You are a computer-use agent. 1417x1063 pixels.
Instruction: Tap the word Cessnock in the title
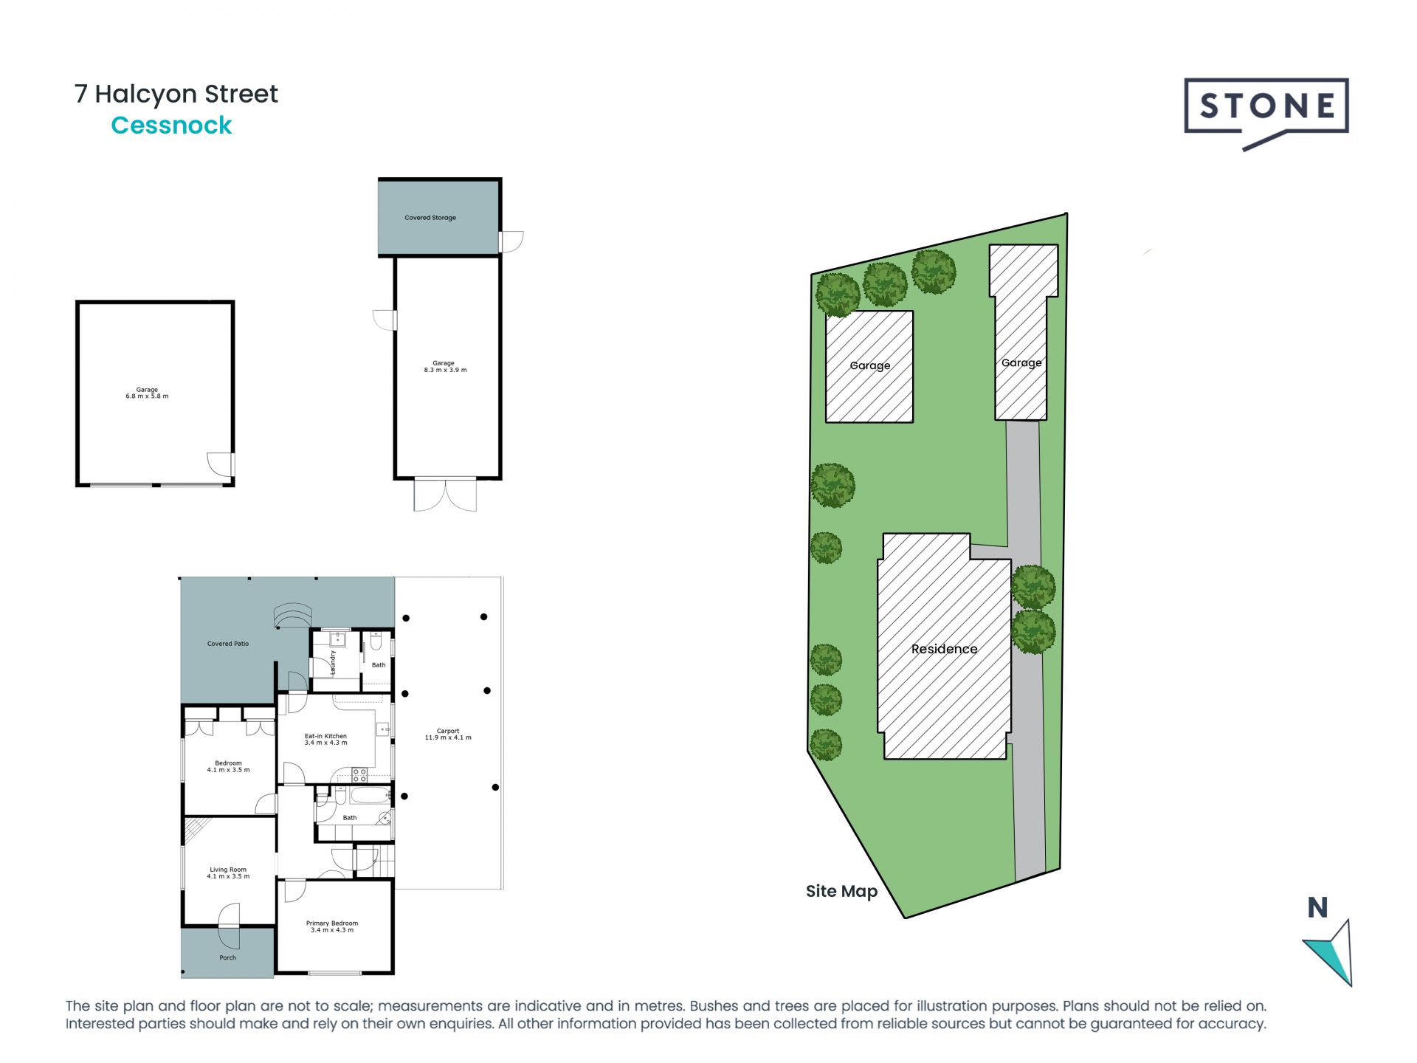(x=171, y=125)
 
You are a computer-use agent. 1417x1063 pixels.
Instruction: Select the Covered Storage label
(x=430, y=218)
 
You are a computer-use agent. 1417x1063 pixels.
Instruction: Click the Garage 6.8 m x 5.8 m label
(x=147, y=393)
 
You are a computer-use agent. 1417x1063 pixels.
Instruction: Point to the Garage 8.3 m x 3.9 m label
(x=445, y=367)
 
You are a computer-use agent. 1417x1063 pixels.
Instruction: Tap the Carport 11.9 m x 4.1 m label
(x=448, y=734)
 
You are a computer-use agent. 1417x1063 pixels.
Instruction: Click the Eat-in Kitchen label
(x=325, y=739)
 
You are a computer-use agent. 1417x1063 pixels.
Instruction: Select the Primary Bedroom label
(x=332, y=926)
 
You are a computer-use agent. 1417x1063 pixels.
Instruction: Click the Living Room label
(x=228, y=873)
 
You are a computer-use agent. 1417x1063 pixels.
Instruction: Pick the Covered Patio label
(x=228, y=644)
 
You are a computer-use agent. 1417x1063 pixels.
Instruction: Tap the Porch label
(x=227, y=957)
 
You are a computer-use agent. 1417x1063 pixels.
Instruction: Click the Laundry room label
(x=334, y=662)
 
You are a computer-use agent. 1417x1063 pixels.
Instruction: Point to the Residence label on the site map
(x=944, y=649)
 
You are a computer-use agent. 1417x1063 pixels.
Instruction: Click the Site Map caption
(x=841, y=891)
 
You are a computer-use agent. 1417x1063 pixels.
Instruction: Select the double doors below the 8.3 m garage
(x=445, y=495)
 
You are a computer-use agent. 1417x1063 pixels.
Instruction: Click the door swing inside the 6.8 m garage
(x=220, y=464)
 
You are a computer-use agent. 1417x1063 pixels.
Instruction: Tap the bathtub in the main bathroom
(x=370, y=796)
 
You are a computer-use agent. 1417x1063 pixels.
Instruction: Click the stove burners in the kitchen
(x=359, y=775)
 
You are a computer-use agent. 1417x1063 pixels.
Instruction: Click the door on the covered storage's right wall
(x=511, y=241)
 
